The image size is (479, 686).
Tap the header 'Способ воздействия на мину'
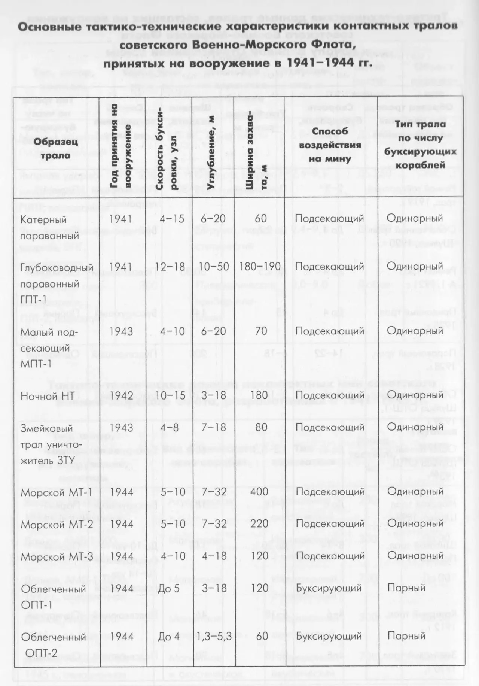pyautogui.click(x=330, y=145)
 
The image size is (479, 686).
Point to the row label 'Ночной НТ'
pyautogui.click(x=48, y=396)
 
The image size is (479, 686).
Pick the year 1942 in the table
pyautogui.click(x=122, y=395)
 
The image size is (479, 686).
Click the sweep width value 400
pyautogui.click(x=259, y=491)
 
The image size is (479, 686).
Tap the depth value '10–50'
pyautogui.click(x=214, y=267)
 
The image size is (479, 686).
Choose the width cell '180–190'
pyautogui.click(x=260, y=267)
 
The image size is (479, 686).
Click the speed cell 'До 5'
pyautogui.click(x=169, y=588)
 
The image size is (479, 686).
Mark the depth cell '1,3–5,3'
pyautogui.click(x=216, y=636)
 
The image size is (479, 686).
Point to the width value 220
pyautogui.click(x=259, y=523)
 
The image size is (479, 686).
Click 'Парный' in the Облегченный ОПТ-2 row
pyautogui.click(x=406, y=636)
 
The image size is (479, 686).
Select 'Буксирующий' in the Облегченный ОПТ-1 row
pyautogui.click(x=329, y=588)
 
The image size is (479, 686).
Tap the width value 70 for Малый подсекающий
pyautogui.click(x=261, y=331)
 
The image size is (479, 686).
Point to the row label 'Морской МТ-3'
pyautogui.click(x=57, y=557)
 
